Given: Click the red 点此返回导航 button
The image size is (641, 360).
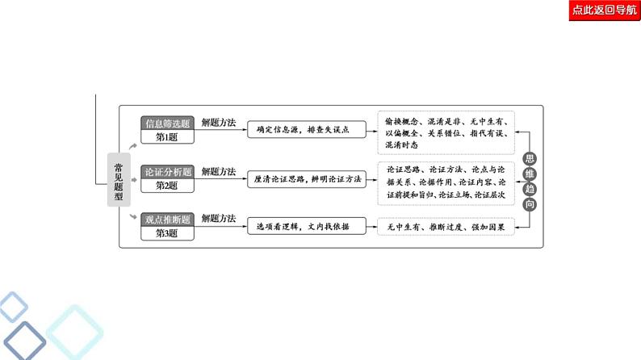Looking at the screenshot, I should [604, 10].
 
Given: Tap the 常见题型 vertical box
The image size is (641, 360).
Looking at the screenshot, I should [119, 178].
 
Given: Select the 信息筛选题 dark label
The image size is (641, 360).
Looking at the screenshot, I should [167, 123].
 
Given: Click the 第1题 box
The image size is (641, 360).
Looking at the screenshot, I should [167, 137].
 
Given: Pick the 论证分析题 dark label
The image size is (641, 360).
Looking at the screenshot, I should [167, 171].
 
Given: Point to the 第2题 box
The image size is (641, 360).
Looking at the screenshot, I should [167, 185].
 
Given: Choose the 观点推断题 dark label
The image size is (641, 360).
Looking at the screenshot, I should [167, 219].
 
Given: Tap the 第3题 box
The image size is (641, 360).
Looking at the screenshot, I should [167, 232].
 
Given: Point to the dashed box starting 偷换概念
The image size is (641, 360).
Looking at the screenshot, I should [446, 132].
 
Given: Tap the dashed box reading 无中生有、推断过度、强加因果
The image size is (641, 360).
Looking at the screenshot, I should [446, 227].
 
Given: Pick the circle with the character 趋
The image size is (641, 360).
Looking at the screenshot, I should [530, 187].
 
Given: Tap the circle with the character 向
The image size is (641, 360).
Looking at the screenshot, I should [530, 202].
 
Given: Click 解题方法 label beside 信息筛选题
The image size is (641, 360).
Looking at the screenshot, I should [218, 123].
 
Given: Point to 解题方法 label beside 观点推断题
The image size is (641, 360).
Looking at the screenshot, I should [218, 219].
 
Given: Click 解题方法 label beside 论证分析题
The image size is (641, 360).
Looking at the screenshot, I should [218, 171].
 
